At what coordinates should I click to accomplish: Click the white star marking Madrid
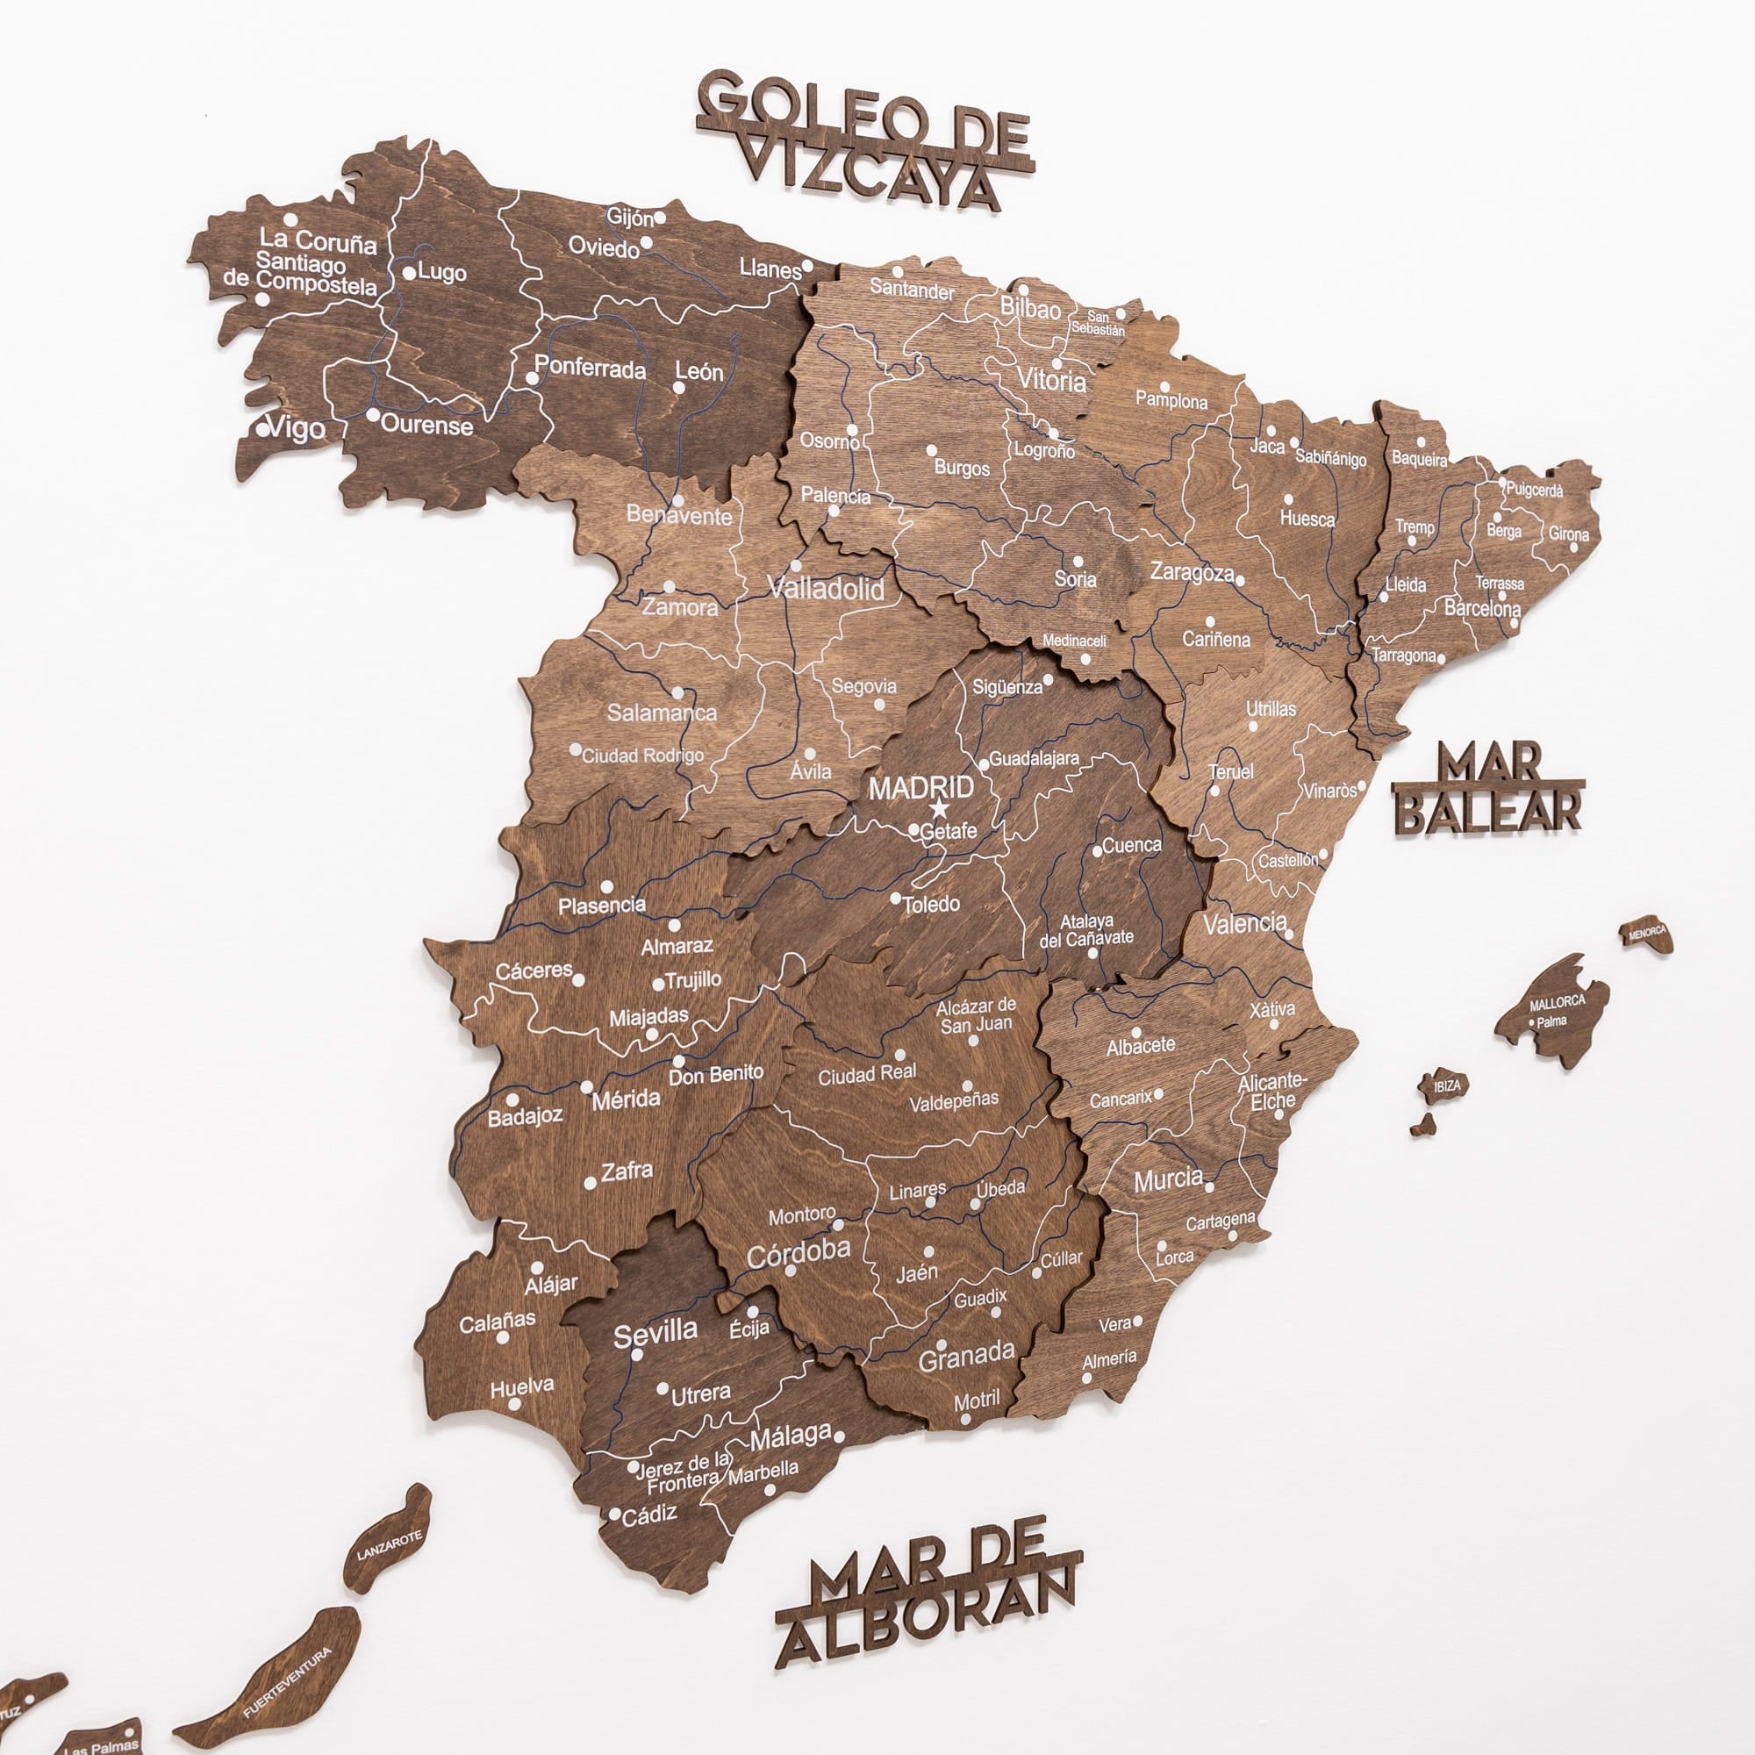pos(939,808)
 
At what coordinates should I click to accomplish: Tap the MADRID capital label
pos(920,786)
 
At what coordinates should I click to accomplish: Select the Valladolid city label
pos(826,589)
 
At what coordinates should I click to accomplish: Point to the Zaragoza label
pos(1192,572)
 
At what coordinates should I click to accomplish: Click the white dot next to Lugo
pos(410,272)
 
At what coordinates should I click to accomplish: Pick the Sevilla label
pos(655,1334)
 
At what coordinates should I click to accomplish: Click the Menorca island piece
pos(1647,933)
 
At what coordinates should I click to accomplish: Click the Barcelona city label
pos(1481,608)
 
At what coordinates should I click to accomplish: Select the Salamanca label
pos(662,713)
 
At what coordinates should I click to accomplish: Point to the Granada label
pos(965,1357)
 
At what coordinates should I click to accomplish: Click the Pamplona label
pos(1171,401)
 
